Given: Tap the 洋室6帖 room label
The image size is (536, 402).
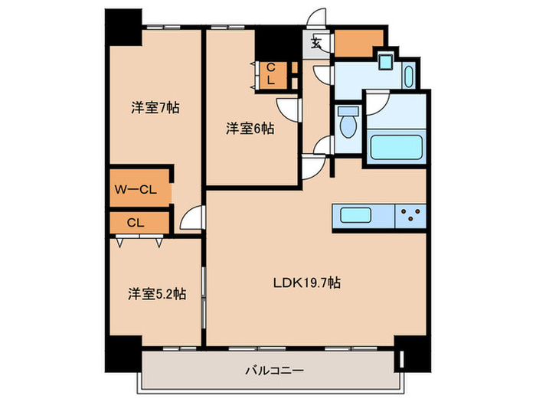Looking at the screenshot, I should coord(250,129).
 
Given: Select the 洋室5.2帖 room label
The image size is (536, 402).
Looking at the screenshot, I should coord(155,293).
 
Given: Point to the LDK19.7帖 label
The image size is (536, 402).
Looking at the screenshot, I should coord(307,283).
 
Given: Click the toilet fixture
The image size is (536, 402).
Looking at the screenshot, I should coord(349,122).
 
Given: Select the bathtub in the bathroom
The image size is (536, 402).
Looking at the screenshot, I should coord(395,146).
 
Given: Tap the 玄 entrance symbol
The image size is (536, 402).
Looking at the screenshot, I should coord(315,43).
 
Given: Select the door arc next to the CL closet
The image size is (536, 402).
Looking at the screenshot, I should coord(191,218).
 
